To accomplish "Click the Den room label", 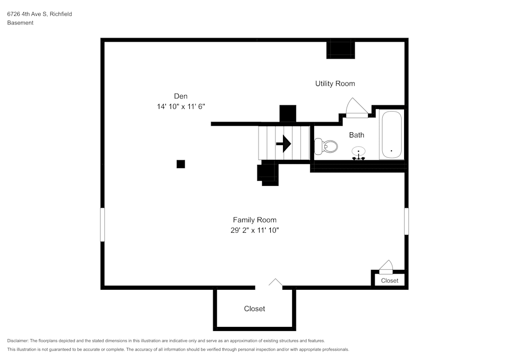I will tap(181, 96).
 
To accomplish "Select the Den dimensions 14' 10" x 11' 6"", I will tap(181, 107).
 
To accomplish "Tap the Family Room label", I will tap(254, 220).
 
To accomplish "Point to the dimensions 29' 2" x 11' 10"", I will tap(254, 231).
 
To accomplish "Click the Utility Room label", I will tap(335, 84).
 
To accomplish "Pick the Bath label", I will tap(356, 135).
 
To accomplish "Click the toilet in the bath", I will tap(326, 147).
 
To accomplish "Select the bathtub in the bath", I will tap(391, 135).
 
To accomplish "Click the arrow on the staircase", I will tap(283, 144).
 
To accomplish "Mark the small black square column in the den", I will tap(181, 164).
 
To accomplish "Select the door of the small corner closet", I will tap(386, 267).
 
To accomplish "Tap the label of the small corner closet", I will tap(390, 281).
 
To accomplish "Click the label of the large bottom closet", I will tap(254, 309).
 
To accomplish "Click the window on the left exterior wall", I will tap(102, 224).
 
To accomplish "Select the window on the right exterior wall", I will tap(406, 220).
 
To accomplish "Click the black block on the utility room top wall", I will tap(340, 49).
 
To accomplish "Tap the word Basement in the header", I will tap(20, 23).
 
